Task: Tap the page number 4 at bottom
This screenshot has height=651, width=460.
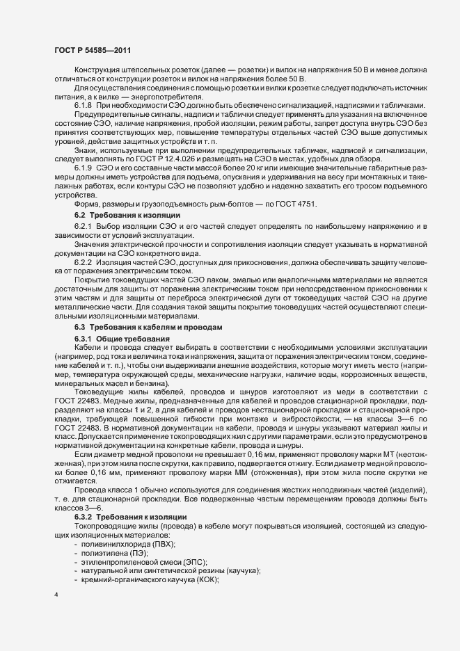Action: click(x=56, y=596)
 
